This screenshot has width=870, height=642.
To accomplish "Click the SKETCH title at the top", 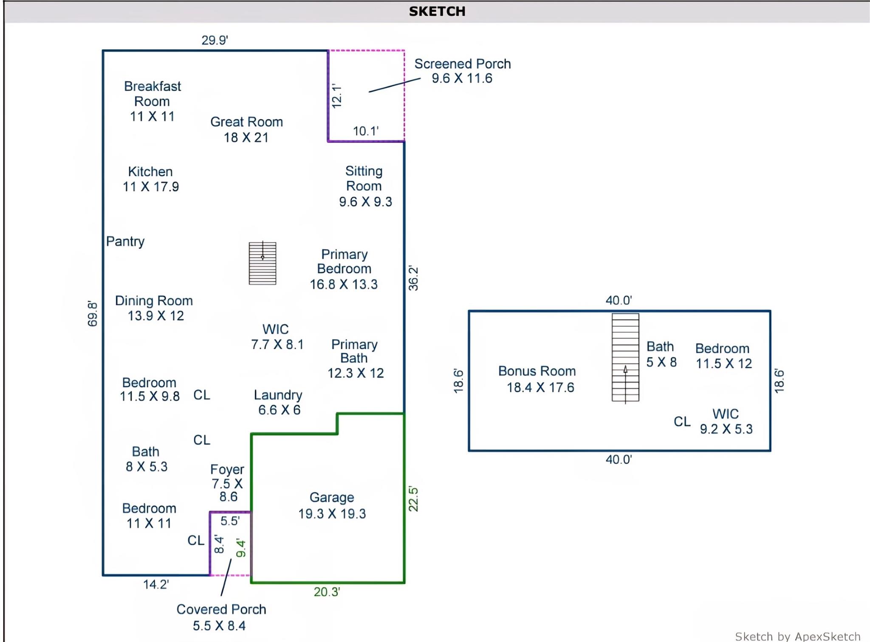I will point(437,11).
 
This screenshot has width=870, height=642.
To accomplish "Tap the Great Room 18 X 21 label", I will point(246,129).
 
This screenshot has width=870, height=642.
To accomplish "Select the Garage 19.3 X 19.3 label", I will point(332,505).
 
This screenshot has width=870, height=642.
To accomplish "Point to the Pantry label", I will point(125,241).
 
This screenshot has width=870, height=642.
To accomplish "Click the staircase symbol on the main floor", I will point(263,263).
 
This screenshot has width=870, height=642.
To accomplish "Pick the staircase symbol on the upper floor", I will point(625,357).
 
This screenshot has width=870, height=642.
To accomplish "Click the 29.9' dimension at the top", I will point(215,40).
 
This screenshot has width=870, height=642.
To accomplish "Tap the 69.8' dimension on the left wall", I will point(93,314).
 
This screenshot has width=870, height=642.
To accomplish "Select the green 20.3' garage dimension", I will point(327,592).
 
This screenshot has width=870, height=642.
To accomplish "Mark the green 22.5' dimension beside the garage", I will point(413,499).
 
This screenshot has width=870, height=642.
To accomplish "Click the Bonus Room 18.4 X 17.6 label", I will point(537,379).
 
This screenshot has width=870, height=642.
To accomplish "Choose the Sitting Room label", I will point(364,186).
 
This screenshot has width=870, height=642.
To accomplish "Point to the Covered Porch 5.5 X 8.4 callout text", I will point(221,617).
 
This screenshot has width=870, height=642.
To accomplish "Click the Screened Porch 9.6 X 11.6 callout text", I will point(462,71).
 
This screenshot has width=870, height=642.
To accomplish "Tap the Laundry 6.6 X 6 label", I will point(278,402).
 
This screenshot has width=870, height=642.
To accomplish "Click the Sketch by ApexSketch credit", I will point(797,636).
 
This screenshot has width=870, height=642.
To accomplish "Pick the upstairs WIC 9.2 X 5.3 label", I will point(726,421).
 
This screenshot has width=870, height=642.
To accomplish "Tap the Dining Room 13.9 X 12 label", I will point(154,308).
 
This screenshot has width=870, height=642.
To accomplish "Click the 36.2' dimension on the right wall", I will point(413,278).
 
